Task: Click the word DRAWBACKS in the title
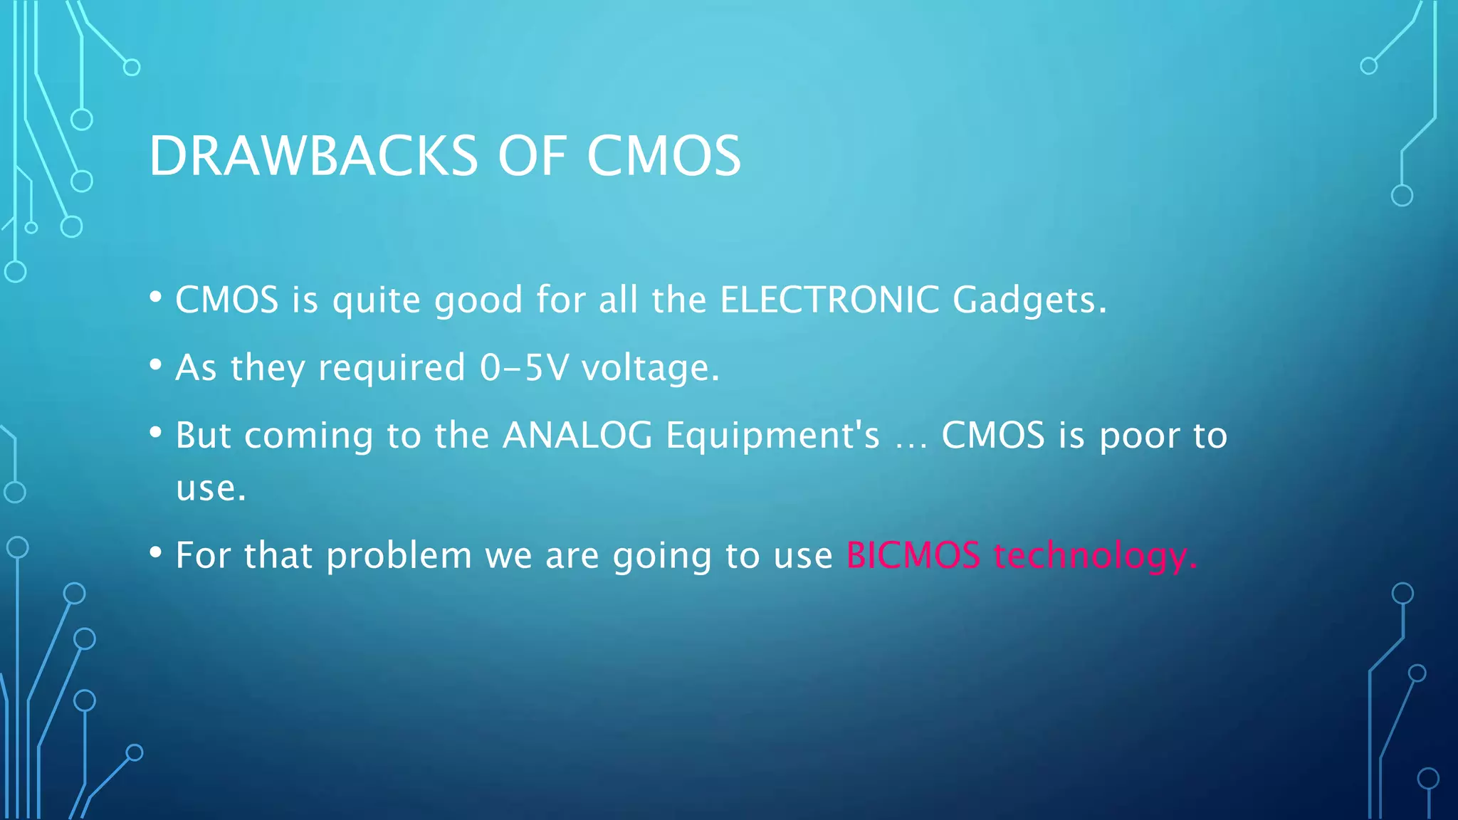pyautogui.click(x=313, y=156)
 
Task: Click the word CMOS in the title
pyautogui.click(x=664, y=156)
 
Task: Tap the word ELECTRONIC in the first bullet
pyautogui.click(x=829, y=300)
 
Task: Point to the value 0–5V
pyautogui.click(x=525, y=368)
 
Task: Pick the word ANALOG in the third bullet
pyautogui.click(x=577, y=436)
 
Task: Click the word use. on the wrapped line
pyautogui.click(x=211, y=489)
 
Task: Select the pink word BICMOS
pyautogui.click(x=913, y=555)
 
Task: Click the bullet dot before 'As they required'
pyautogui.click(x=156, y=365)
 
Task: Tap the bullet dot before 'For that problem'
pyautogui.click(x=156, y=552)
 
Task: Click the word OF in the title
pyautogui.click(x=531, y=156)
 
